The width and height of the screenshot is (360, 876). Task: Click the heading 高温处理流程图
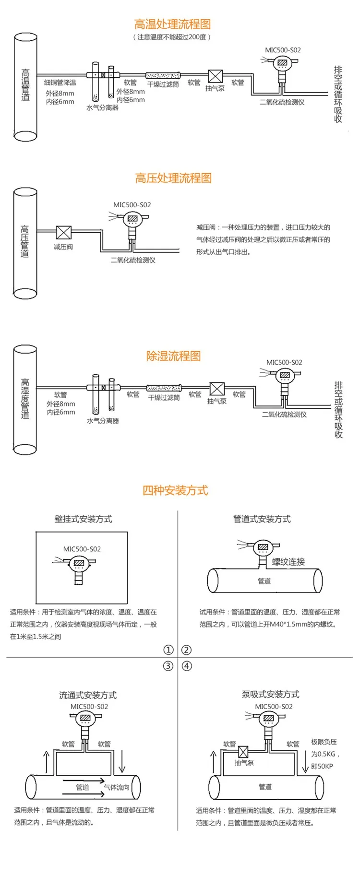pos(172,24)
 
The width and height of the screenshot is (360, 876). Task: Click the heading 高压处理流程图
pos(173,178)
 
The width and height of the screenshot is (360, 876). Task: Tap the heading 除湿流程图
pos(173,356)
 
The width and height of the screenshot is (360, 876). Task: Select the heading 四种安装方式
pos(175,490)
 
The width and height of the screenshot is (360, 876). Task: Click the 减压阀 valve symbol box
pos(64,232)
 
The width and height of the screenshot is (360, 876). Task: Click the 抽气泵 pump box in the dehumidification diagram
pos(217,389)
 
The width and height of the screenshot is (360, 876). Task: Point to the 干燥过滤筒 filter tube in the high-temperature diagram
pos(163,75)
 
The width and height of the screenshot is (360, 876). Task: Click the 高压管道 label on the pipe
pos(25,241)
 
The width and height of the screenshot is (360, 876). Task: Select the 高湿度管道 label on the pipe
pos(25,399)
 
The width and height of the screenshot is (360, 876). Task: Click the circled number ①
pos(168,650)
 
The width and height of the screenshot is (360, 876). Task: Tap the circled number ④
pos(187,666)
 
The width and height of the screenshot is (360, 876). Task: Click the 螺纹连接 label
pos(288,562)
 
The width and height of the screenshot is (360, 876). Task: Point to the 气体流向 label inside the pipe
pos(117,787)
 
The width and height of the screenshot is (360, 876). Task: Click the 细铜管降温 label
pos(60,83)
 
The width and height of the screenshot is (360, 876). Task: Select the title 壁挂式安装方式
pos(84,519)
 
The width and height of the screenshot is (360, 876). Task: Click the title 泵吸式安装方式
pos(271,694)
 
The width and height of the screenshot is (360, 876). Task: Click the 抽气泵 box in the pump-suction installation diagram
pos(243,752)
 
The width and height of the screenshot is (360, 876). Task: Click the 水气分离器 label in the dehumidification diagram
pos(103,421)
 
